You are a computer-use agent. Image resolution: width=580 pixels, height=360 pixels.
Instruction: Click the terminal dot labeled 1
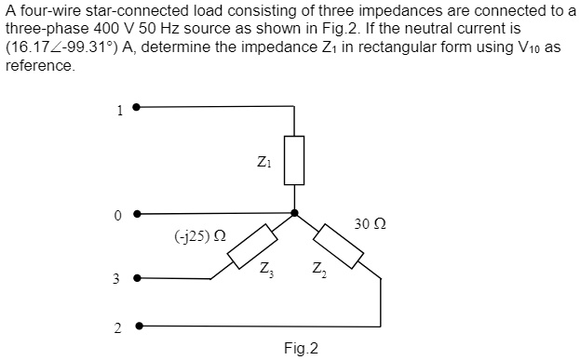pos(137,107)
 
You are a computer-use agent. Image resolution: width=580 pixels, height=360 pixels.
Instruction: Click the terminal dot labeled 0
pos(137,213)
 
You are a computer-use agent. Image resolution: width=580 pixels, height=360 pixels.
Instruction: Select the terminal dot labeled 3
pos(137,277)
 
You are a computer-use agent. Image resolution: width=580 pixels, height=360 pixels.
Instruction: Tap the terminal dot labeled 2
pos(137,327)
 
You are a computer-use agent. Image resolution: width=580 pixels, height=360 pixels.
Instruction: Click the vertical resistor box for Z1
pos(294,161)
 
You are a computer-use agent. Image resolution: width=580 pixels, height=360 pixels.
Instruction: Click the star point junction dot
pos(294,213)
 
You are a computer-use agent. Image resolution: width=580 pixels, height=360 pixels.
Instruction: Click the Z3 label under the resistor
pos(267,271)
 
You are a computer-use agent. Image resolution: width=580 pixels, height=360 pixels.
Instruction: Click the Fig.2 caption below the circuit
pos(301,348)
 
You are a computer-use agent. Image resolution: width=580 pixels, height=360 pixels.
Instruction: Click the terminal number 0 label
pos(118,217)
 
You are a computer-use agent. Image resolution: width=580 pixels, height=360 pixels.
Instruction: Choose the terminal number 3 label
pos(118,279)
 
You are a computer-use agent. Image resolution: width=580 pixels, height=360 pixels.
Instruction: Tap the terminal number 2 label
pos(118,328)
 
